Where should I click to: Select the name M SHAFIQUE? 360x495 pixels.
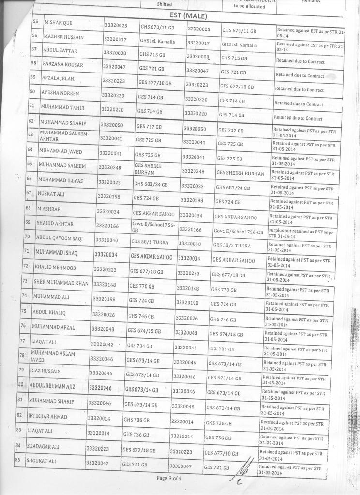tap(58, 23)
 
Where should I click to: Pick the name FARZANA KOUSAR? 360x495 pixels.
tap(63, 64)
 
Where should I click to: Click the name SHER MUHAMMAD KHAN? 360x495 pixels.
tap(61, 282)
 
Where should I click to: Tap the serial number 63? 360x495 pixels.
tap(30, 134)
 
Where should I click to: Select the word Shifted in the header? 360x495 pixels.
tap(165, 4)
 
